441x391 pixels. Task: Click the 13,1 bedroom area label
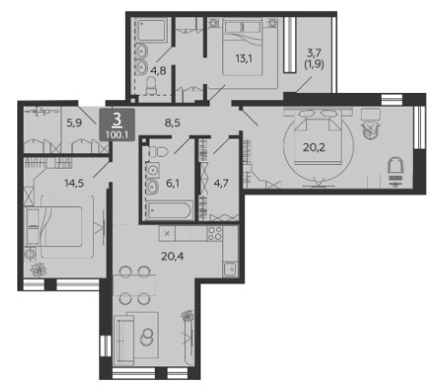[244, 58]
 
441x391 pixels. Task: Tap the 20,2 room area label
[314, 148]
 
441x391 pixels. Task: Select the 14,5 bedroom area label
[74, 183]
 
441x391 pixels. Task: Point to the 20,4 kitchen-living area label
[172, 256]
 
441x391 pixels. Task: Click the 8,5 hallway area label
[172, 123]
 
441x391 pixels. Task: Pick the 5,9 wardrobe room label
[75, 123]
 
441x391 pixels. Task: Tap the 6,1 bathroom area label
[172, 183]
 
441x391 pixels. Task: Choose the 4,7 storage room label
[221, 183]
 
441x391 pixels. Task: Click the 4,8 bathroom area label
[159, 70]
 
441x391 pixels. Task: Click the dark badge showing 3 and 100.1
[118, 125]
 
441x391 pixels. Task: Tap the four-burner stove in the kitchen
[215, 233]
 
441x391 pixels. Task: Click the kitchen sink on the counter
[231, 270]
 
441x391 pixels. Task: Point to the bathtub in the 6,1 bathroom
[170, 211]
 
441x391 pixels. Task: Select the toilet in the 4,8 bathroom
[151, 86]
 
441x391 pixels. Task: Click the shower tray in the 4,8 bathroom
[151, 30]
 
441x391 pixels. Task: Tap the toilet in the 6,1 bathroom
[159, 151]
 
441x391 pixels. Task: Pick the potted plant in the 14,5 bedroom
[38, 269]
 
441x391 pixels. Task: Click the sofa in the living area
[124, 339]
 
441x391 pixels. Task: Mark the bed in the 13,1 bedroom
[249, 47]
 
